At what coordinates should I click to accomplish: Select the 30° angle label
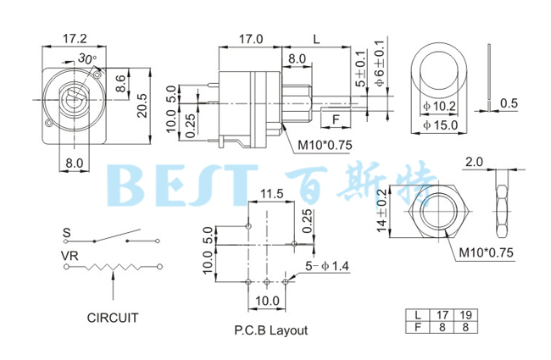(x=86, y=58)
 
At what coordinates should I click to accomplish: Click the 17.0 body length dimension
(x=250, y=39)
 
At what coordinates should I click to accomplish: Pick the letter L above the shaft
(x=316, y=39)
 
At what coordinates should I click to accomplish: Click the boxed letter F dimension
(x=336, y=119)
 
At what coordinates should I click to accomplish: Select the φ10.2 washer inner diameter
(x=439, y=107)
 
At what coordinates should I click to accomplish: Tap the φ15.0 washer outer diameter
(x=439, y=125)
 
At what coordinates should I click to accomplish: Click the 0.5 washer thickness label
(x=509, y=103)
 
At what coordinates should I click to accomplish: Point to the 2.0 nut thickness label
(x=474, y=160)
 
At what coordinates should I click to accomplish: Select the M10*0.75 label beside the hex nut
(x=486, y=252)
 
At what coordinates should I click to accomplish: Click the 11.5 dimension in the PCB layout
(x=271, y=194)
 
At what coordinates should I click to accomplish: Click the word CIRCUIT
(x=113, y=318)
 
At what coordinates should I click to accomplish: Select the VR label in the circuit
(x=70, y=255)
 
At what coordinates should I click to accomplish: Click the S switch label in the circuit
(x=65, y=231)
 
